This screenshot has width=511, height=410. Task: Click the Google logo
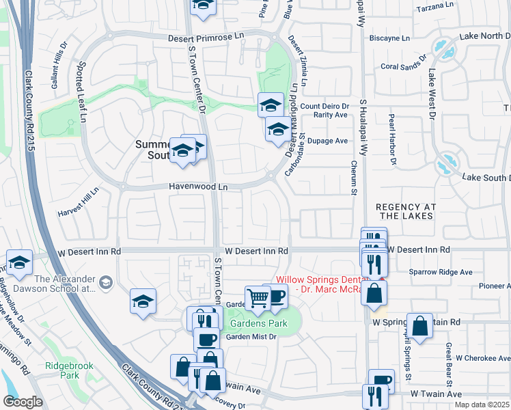click(x=23, y=401)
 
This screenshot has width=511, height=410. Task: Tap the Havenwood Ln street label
click(x=198, y=187)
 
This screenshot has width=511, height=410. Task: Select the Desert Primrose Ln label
click(x=206, y=38)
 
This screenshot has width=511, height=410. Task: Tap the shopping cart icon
click(x=258, y=297)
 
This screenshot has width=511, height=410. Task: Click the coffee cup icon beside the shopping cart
click(x=276, y=297)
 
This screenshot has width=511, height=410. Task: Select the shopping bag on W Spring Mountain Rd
click(x=421, y=325)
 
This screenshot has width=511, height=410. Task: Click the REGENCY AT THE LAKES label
click(x=405, y=210)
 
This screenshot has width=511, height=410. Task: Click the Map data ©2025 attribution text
click(x=481, y=405)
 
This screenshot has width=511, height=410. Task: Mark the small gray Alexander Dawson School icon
click(x=106, y=282)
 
